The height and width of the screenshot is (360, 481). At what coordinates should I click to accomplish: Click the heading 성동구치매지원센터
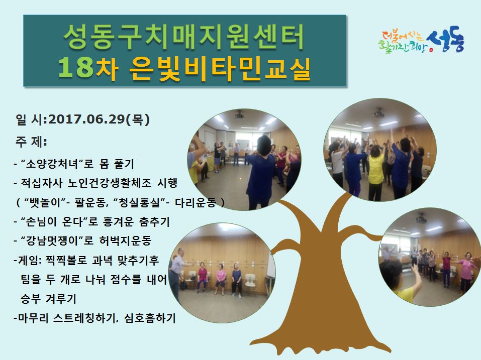click(184, 37)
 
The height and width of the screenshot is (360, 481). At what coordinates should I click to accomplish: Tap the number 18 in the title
click(75, 68)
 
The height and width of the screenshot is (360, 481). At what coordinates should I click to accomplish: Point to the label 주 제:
click(31, 142)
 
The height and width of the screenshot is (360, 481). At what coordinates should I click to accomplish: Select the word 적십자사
click(41, 183)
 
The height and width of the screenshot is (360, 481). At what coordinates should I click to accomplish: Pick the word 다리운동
click(196, 202)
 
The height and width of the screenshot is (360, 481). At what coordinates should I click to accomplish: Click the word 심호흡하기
click(150, 318)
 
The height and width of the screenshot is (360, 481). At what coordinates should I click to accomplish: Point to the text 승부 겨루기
click(48, 299)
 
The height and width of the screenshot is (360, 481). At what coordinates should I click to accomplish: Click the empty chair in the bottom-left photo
click(250, 283)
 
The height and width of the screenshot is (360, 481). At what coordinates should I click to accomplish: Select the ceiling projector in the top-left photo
click(239, 115)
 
